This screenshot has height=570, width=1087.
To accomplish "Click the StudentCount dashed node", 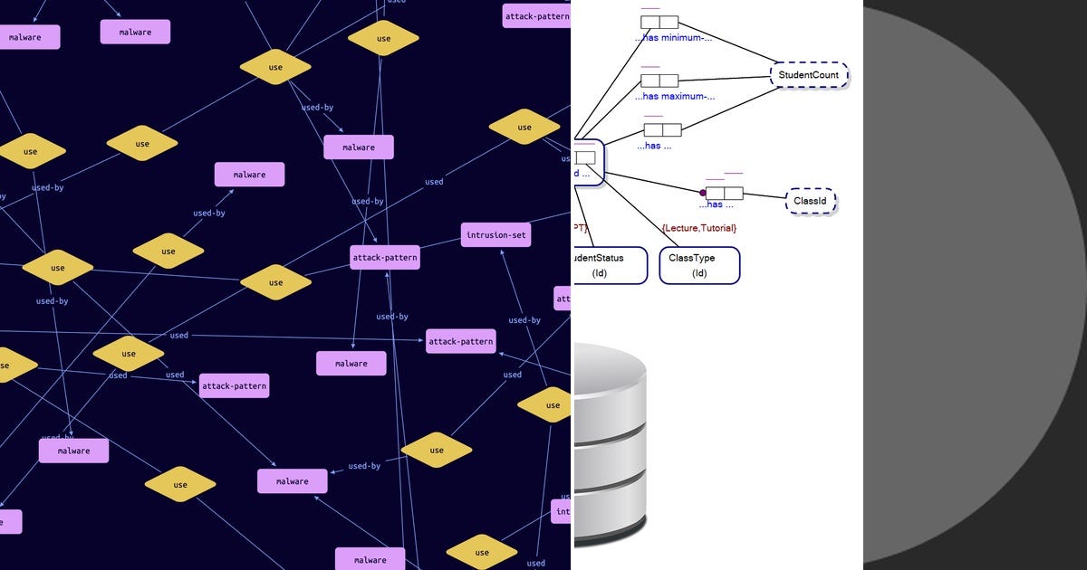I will point(809,75).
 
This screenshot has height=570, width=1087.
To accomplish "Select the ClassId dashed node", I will point(810,201).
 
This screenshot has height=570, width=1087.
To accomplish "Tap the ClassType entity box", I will point(698,265).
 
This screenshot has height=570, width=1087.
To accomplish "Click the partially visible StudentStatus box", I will point(610,265).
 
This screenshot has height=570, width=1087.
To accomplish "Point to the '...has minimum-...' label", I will point(674,38).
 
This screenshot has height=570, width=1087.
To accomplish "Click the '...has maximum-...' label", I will point(675,96).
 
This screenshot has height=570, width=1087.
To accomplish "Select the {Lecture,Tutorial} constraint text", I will point(698,228).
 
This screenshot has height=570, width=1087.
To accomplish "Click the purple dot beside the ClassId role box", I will point(702,193).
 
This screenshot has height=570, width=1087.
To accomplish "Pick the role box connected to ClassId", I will point(725,193).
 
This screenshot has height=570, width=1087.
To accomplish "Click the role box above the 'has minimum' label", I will point(659,22).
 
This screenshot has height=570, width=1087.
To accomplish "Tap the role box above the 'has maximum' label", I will point(659,81).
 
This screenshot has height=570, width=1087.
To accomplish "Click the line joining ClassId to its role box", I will point(764,195).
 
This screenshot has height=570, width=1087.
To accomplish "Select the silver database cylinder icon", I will point(609,443).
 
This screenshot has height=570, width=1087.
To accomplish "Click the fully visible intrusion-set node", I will point(495,235).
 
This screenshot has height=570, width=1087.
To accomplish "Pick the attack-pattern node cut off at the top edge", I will point(536,15).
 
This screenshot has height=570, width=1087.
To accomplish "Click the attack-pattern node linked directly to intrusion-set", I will point(385,258).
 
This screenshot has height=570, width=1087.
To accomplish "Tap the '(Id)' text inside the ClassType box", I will point(699,273).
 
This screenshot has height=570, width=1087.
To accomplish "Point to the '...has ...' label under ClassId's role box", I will point(716,204).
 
